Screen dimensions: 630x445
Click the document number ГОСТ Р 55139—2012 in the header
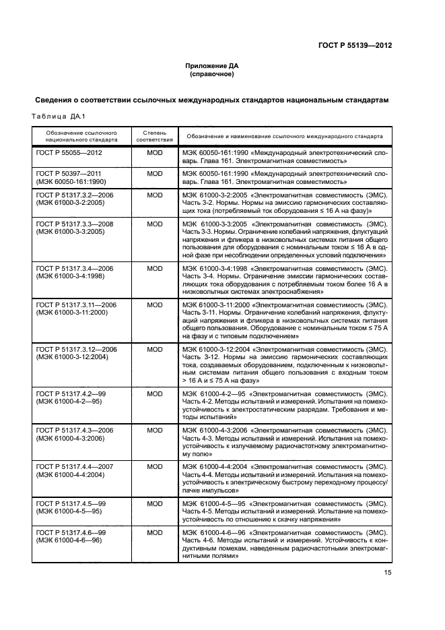tap(355, 46)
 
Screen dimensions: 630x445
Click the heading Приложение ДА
tap(212, 66)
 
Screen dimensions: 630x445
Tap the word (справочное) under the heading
tap(212, 75)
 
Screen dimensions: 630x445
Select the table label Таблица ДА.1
tap(57, 117)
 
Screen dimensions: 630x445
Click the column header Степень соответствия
tap(155, 137)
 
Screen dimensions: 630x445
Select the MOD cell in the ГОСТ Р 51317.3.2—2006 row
tap(155, 195)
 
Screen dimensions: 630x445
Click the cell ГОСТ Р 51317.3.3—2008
tap(75, 224)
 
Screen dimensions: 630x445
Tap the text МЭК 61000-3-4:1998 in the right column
tap(214, 268)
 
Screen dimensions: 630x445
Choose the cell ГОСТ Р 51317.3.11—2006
tap(76, 305)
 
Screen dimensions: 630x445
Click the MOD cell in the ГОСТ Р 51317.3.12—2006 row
tap(155, 349)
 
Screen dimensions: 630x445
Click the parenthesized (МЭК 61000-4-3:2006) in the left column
tap(70, 438)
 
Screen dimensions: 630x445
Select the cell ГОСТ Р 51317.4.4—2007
tap(75, 466)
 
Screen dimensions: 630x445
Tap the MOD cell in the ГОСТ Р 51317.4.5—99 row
tap(155, 503)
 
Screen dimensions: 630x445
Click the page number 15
tap(388, 573)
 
